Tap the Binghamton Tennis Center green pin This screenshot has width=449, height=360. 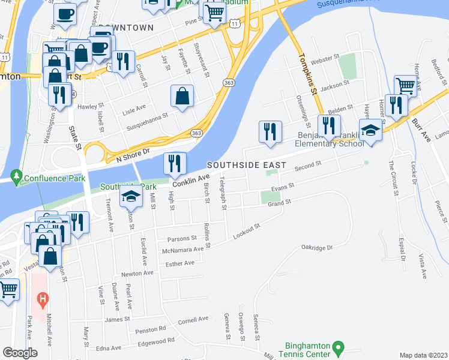[338, 347]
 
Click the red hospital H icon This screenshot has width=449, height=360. [41, 298]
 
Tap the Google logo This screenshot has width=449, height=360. [20, 353]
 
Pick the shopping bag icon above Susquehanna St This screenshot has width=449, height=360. [182, 96]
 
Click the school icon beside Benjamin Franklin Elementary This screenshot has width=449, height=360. [370, 131]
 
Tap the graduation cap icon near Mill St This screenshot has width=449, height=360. [130, 197]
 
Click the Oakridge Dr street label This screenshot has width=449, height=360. [317, 247]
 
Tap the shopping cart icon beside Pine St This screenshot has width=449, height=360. [214, 12]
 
